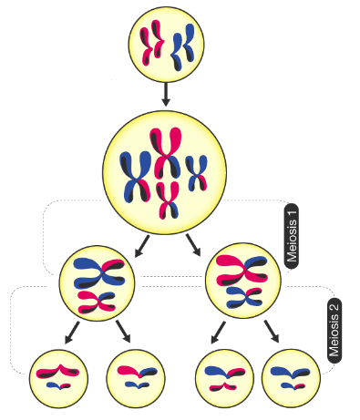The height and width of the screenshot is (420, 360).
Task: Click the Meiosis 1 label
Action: tap(292, 236)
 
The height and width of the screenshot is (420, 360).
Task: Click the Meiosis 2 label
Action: tap(334, 331)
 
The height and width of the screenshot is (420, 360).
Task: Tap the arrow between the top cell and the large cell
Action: tap(165, 95)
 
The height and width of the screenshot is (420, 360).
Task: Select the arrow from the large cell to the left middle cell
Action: tap(142, 246)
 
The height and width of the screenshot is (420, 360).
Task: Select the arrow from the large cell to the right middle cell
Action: tap(193, 245)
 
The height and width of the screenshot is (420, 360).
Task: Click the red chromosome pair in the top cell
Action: tap(151, 43)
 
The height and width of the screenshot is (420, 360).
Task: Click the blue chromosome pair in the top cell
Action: tap(182, 47)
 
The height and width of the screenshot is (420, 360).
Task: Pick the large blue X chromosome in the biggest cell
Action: tap(136, 177)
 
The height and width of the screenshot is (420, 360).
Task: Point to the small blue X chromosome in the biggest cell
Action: tap(196, 173)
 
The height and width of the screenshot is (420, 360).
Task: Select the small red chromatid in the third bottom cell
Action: tap(222, 386)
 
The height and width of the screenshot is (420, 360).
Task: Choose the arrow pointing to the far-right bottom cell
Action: tap(272, 332)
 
